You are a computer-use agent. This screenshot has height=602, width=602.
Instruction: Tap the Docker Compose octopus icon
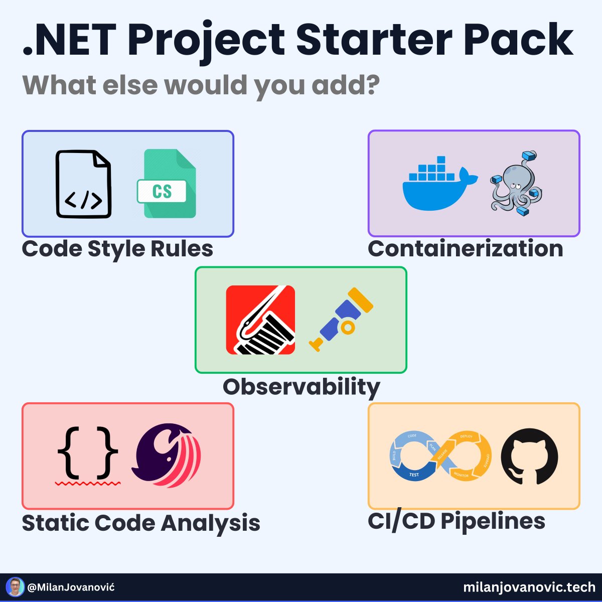(x=516, y=184)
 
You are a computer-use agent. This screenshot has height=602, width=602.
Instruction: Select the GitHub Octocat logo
(x=529, y=457)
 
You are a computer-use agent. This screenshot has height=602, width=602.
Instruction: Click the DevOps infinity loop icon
(x=440, y=457)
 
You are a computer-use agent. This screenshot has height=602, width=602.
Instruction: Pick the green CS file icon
(x=166, y=184)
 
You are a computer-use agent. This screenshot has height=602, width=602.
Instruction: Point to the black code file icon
(x=83, y=184)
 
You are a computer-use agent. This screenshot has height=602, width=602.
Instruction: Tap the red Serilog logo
(x=260, y=320)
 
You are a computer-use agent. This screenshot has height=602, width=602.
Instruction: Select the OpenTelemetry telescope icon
(x=341, y=319)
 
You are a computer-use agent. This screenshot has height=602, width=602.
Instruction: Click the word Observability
(x=301, y=387)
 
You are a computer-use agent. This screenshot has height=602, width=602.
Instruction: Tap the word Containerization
(x=465, y=249)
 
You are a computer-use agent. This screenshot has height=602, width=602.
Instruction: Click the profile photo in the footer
(x=15, y=587)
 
